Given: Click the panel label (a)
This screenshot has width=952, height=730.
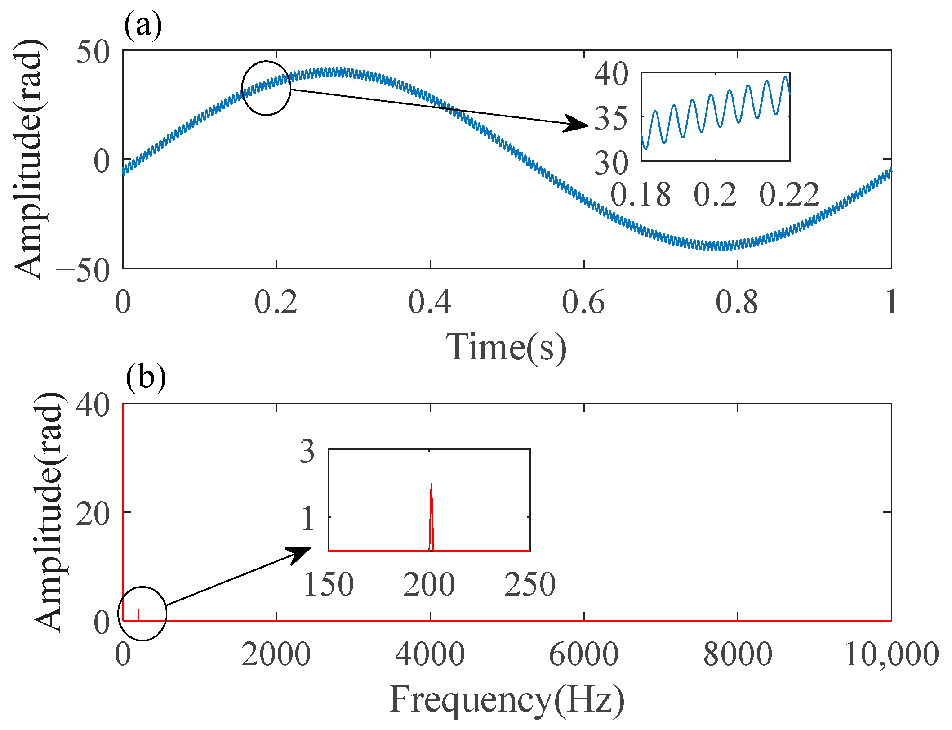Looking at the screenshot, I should pyautogui.click(x=143, y=26).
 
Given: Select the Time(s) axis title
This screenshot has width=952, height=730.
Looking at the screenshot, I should pyautogui.click(x=506, y=347).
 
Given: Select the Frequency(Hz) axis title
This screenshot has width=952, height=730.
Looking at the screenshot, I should pyautogui.click(x=507, y=699).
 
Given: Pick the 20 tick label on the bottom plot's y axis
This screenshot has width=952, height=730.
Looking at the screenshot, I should pyautogui.click(x=93, y=514).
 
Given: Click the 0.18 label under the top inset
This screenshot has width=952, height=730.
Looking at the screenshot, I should pyautogui.click(x=641, y=194).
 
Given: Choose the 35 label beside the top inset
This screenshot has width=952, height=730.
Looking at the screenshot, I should pyautogui.click(x=611, y=119).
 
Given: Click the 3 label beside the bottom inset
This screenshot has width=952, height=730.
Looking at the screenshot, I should pyautogui.click(x=307, y=451).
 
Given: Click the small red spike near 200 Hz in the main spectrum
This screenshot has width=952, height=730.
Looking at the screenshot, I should pyautogui.click(x=138, y=614).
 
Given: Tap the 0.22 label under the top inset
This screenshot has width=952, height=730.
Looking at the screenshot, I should pyautogui.click(x=789, y=194).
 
